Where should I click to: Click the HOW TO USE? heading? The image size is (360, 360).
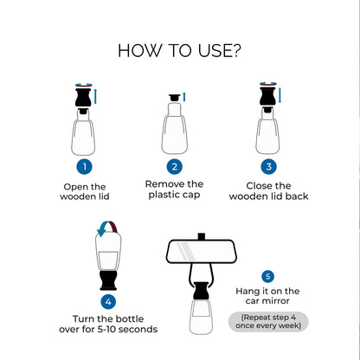coord(179,50)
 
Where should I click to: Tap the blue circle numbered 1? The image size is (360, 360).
coord(85,166)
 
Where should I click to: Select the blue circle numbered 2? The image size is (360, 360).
coord(175,166)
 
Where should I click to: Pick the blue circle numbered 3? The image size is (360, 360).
coord(268,166)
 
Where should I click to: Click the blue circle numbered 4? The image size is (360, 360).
coord(108,301)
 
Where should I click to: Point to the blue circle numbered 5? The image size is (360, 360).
coord(267,276)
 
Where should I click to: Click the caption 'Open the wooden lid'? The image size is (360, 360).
coord(85,191)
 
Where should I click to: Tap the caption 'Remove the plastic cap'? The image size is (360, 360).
coord(174,190)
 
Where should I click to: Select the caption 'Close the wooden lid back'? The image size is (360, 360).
coord(268,191)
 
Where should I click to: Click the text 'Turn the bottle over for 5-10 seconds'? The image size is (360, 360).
coord(108,324)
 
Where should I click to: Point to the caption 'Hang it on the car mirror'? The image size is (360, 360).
coord(267,296)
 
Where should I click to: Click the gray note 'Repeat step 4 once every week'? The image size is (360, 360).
coord(268,321)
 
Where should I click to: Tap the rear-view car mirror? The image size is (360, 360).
coord(202,251)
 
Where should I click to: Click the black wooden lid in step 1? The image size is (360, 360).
coord(83,98)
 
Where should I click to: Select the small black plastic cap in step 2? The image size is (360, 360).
coord(174,98)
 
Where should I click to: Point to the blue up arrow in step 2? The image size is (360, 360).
coord(184,97)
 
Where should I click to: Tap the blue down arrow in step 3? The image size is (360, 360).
coord(280,95)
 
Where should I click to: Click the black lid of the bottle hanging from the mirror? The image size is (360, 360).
coord(201,291)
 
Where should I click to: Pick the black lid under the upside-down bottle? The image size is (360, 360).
coord(108,280)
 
